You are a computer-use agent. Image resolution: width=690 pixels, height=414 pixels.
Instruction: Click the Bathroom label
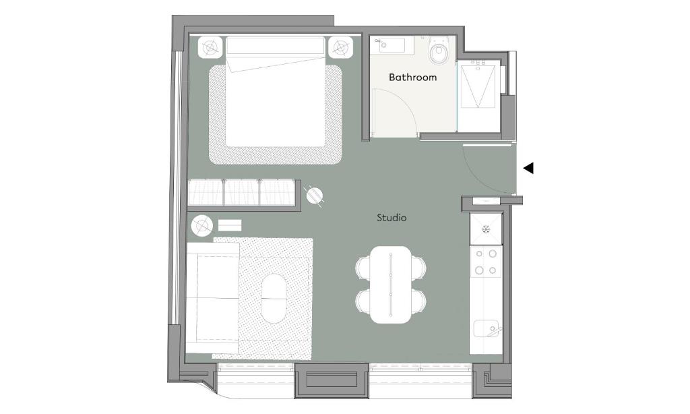tap(413, 78)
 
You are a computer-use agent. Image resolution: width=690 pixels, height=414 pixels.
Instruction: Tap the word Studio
tap(391, 218)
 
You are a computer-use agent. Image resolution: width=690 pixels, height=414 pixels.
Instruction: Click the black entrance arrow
tap(528, 168)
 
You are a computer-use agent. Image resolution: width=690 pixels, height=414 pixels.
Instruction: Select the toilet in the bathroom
tap(438, 51)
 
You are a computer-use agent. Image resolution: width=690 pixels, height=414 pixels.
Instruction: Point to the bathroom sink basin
tap(391, 45)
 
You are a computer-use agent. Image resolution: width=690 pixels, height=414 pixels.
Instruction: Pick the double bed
tap(276, 92)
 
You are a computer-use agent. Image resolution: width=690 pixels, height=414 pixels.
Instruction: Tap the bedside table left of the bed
tap(211, 47)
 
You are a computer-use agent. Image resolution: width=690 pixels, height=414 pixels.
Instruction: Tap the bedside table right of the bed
tap(340, 47)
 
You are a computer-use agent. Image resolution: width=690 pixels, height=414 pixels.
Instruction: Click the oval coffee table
tap(274, 299)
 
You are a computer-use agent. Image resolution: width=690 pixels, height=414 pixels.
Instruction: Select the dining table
tap(391, 285)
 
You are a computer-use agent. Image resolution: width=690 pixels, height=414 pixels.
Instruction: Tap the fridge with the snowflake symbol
tap(486, 229)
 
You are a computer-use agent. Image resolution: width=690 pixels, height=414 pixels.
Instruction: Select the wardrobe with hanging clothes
tap(241, 192)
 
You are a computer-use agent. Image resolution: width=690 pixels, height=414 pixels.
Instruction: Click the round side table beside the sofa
tap(202, 226)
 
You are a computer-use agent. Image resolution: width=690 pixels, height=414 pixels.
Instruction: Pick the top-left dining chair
tap(363, 267)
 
